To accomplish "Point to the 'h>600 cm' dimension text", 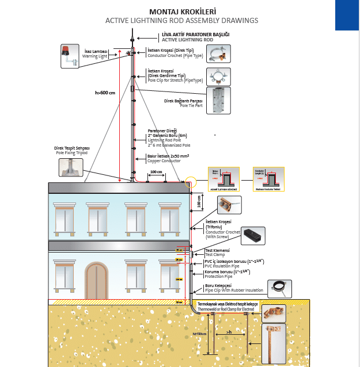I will coord(105,92).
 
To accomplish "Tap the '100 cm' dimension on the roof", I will coord(156,171).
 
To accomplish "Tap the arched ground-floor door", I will coord(96,280).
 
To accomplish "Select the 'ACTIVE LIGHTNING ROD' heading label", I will coord(187,40).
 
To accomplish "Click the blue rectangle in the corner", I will coord(347,15).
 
